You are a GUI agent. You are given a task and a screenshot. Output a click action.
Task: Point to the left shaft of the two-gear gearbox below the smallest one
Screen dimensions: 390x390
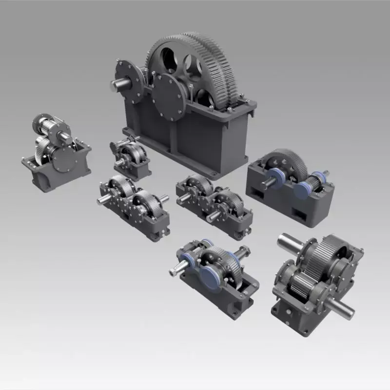tap(103, 199)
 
